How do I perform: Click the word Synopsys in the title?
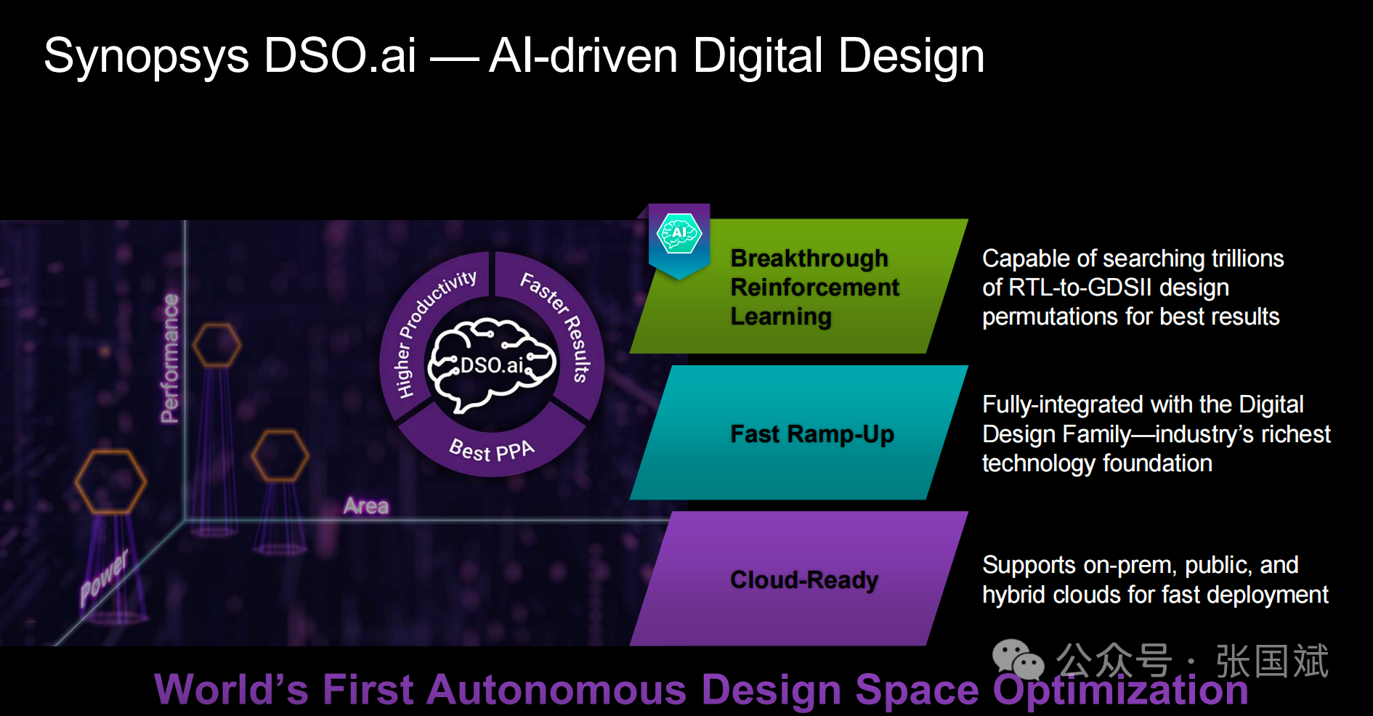[x=146, y=57]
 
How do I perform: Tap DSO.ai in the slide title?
[x=340, y=55]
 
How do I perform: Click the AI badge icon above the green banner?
[x=679, y=234]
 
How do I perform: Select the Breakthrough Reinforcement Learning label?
[x=814, y=288]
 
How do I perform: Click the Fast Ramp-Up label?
[x=812, y=434]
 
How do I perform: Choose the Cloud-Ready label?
[x=804, y=580]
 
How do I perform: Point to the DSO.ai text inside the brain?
[x=492, y=365]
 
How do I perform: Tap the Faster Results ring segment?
[x=559, y=327]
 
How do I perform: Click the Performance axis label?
[x=169, y=358]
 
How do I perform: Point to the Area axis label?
[x=366, y=505]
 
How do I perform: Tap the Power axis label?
[x=104, y=578]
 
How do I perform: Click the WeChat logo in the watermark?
[x=1018, y=659]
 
